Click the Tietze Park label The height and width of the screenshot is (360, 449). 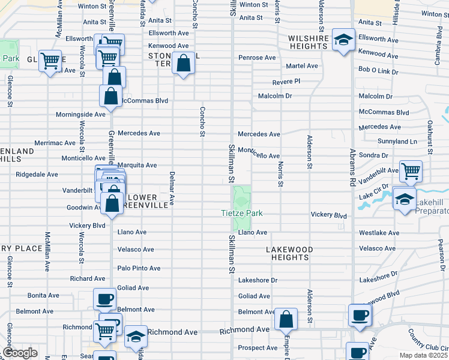click(x=243, y=214)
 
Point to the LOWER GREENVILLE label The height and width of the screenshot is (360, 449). click(x=143, y=201)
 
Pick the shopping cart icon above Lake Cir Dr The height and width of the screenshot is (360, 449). click(x=411, y=171)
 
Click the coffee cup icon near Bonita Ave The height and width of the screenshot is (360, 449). click(x=104, y=299)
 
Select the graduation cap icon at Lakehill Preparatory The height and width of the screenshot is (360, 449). click(x=405, y=197)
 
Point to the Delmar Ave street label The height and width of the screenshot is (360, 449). click(x=172, y=191)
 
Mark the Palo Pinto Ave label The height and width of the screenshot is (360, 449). click(x=139, y=268)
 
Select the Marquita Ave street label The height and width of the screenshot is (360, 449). click(x=137, y=165)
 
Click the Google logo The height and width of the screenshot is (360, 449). click(x=20, y=353)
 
